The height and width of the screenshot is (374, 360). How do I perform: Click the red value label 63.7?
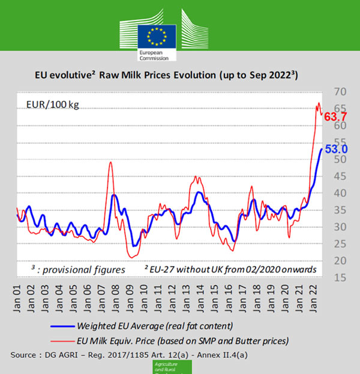(x=336, y=117)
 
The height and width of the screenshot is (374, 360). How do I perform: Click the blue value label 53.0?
(x=337, y=149)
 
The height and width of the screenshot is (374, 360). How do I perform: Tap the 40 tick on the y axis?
(x=340, y=193)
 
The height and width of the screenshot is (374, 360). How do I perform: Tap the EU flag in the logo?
(x=157, y=37)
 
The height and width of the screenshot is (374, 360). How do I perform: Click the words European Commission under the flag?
(x=154, y=55)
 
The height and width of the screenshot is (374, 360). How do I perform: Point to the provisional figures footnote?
(x=78, y=269)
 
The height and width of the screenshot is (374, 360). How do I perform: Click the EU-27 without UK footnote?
(x=230, y=270)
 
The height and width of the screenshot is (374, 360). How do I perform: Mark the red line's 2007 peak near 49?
(x=110, y=163)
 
